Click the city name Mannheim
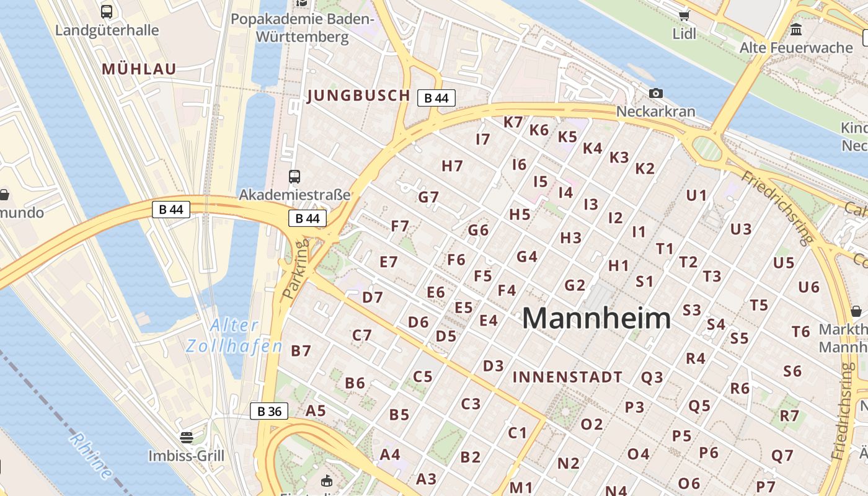pyautogui.click(x=596, y=318)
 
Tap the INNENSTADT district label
pyautogui.click(x=567, y=377)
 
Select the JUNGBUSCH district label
pyautogui.click(x=358, y=95)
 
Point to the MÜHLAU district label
pyautogui.click(x=139, y=69)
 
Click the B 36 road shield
pyautogui.click(x=269, y=411)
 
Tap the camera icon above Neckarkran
pyautogui.click(x=656, y=94)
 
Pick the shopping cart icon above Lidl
pyautogui.click(x=684, y=15)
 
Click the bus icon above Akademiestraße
pyautogui.click(x=294, y=177)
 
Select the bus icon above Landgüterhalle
pyautogui.click(x=107, y=11)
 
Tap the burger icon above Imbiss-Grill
pyautogui.click(x=186, y=438)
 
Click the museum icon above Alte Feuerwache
pyautogui.click(x=796, y=29)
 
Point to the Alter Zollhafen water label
pyautogui.click(x=234, y=335)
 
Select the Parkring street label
pyautogui.click(x=296, y=270)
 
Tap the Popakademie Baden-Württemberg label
pyautogui.click(x=303, y=28)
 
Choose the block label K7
pyautogui.click(x=513, y=122)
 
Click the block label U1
pyautogui.click(x=696, y=195)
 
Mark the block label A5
pyautogui.click(x=316, y=410)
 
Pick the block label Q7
pyautogui.click(x=782, y=456)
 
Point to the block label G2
pyautogui.click(x=575, y=285)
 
